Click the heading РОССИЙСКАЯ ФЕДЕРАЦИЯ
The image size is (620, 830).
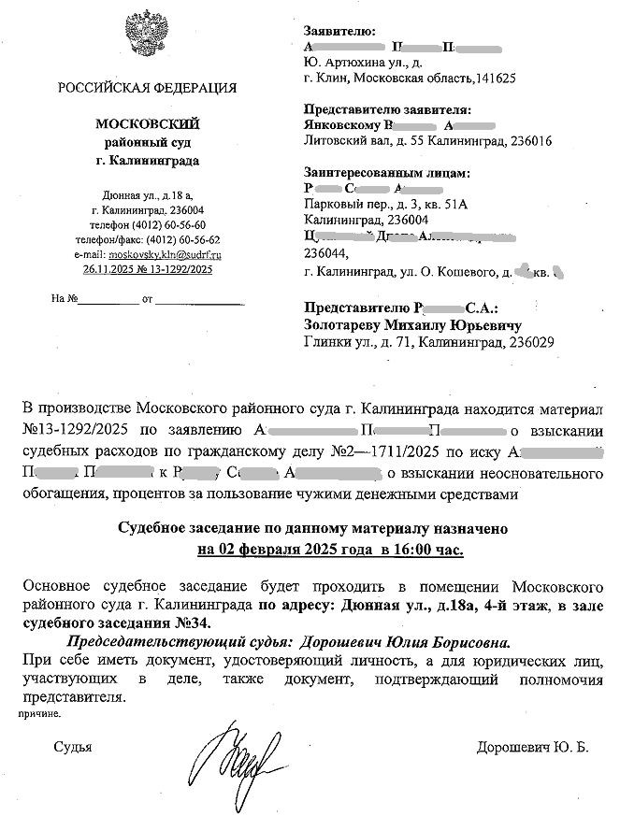[147, 89]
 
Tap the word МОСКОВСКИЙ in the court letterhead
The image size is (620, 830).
[148, 124]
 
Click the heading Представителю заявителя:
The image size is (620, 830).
[387, 110]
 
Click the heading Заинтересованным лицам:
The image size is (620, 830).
[386, 173]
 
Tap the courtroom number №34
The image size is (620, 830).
[193, 622]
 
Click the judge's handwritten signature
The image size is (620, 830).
[238, 755]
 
